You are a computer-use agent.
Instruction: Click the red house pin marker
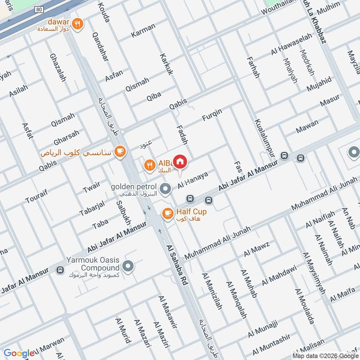tap(180, 161)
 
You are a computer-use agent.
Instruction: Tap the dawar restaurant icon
tap(78, 24)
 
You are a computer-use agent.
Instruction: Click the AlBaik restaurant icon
tap(149, 166)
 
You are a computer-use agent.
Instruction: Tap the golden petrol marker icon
tap(165, 188)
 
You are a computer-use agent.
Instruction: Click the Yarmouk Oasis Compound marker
tap(128, 266)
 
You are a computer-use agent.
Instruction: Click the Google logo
tap(19, 353)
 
